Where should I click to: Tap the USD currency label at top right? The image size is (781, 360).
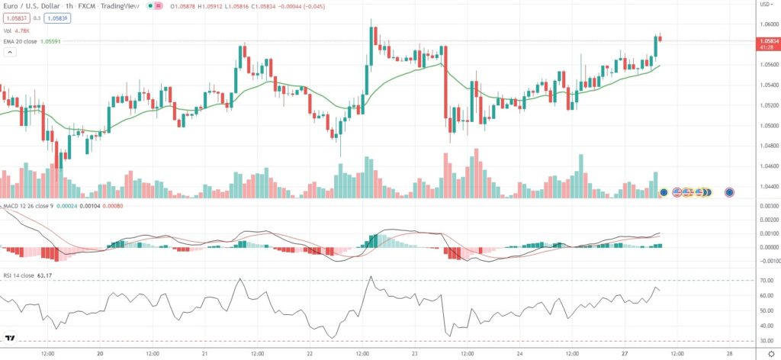[765, 5]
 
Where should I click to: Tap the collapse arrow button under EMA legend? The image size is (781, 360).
[10, 53]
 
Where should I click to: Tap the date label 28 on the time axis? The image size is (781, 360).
[730, 354]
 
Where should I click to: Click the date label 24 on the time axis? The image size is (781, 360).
[519, 354]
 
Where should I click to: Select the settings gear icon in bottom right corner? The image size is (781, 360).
[770, 354]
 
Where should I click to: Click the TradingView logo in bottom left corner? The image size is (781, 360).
[11, 338]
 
